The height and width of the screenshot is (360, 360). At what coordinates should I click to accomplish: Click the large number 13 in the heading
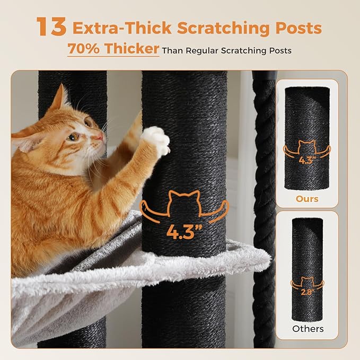click(51, 28)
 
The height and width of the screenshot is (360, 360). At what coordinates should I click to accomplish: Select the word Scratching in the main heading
click(216, 28)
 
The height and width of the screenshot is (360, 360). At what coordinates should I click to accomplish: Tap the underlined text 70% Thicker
click(113, 49)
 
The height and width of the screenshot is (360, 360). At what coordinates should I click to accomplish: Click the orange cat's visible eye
click(74, 137)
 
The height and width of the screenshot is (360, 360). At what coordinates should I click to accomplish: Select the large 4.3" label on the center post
click(183, 231)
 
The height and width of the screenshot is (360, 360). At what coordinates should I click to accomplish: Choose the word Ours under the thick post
click(308, 199)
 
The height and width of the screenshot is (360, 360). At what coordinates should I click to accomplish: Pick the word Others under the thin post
click(308, 329)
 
